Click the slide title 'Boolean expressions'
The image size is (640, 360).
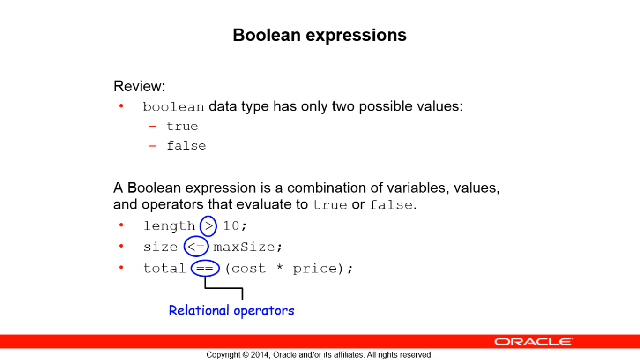[x=320, y=36]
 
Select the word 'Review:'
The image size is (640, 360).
[x=140, y=86]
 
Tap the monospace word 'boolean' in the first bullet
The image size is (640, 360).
[x=173, y=107]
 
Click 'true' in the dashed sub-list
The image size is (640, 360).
[x=182, y=127]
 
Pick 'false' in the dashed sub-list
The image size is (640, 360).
[x=186, y=146]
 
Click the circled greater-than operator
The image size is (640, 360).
[x=208, y=226]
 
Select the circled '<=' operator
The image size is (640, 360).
[x=196, y=246]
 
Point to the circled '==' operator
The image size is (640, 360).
[x=205, y=268]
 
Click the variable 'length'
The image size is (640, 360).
[x=169, y=226]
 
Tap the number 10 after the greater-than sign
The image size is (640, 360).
[x=231, y=226]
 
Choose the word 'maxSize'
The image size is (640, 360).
[x=244, y=247]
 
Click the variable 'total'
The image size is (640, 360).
[x=164, y=268]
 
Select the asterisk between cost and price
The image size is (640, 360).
[x=279, y=267]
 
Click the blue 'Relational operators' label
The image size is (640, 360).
[x=231, y=311]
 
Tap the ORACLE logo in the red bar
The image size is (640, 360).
[x=534, y=341]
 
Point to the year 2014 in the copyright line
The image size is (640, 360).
[x=260, y=355]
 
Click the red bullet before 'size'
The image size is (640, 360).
[x=121, y=246]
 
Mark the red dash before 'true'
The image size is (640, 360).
[x=153, y=127]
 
